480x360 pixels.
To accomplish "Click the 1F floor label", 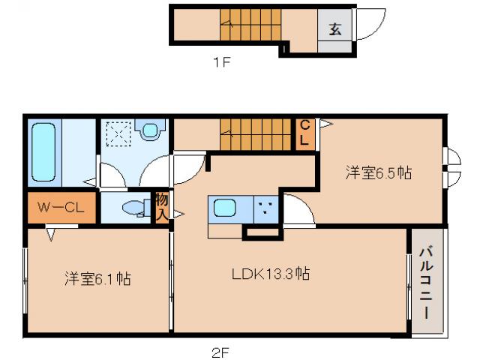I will (x=220, y=62).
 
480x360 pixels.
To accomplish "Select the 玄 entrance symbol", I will (x=335, y=30).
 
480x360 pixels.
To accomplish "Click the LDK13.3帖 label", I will (x=270, y=274).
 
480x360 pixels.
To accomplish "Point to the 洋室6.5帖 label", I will (x=379, y=173).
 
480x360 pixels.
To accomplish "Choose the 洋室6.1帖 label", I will (x=97, y=279).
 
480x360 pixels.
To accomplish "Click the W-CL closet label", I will (x=61, y=207).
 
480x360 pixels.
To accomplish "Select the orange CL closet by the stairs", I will (x=305, y=133).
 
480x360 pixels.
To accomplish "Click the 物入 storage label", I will (x=161, y=206).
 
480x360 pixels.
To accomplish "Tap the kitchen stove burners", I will (x=265, y=207).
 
